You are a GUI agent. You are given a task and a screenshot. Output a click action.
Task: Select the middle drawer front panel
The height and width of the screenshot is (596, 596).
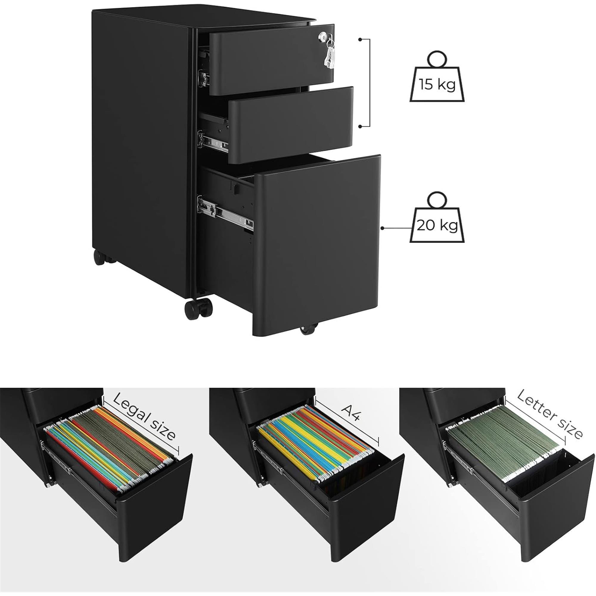coord(291,125)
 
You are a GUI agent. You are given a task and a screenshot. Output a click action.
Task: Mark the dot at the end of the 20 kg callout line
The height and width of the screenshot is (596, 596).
coord(383,228)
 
